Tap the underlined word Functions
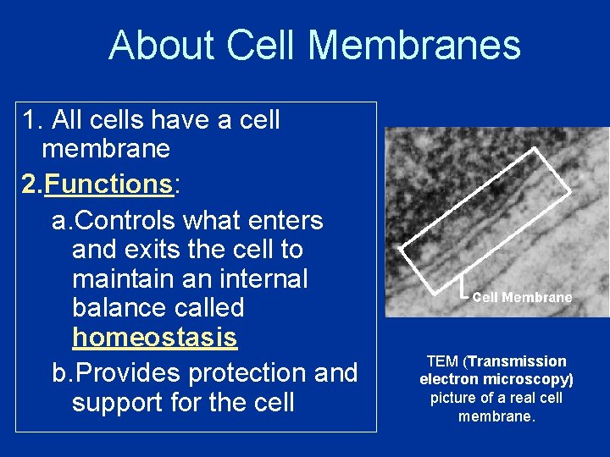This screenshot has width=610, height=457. click(x=108, y=184)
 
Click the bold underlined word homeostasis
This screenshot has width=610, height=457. click(x=154, y=338)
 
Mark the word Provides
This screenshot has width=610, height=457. click(x=125, y=373)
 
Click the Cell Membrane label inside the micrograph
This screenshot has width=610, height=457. click(x=522, y=297)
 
